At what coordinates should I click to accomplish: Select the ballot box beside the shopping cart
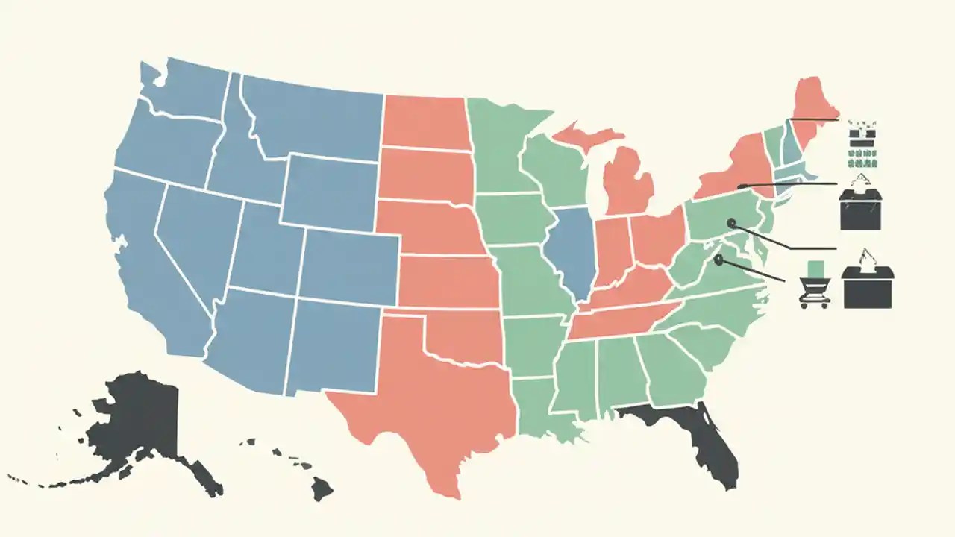click(867, 287)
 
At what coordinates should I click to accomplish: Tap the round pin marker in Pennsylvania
click(731, 222)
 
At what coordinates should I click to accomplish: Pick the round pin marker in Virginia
click(718, 260)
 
